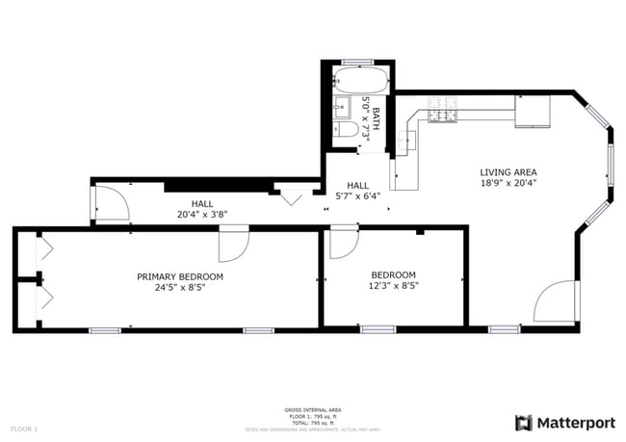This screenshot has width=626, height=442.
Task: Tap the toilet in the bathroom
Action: [x=348, y=128]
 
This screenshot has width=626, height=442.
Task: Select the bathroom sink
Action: [x=341, y=107]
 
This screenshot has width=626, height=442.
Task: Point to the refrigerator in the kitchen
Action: [x=532, y=112]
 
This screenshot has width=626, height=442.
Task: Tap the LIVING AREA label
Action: [x=508, y=173]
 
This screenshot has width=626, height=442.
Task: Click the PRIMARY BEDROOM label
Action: [x=179, y=276]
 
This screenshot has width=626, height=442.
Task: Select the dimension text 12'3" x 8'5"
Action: [x=393, y=286]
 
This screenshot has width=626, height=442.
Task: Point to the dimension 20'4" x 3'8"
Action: [x=201, y=214]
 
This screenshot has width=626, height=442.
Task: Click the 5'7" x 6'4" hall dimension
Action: [x=357, y=195]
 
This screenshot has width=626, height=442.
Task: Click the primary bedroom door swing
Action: [x=232, y=245]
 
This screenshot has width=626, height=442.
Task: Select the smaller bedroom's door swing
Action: [x=343, y=243]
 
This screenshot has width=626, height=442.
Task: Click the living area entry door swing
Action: [x=557, y=302]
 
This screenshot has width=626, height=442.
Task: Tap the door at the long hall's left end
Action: [x=110, y=203]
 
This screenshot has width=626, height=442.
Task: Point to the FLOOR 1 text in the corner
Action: [x=24, y=428]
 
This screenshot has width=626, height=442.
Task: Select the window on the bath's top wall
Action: [x=357, y=63]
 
